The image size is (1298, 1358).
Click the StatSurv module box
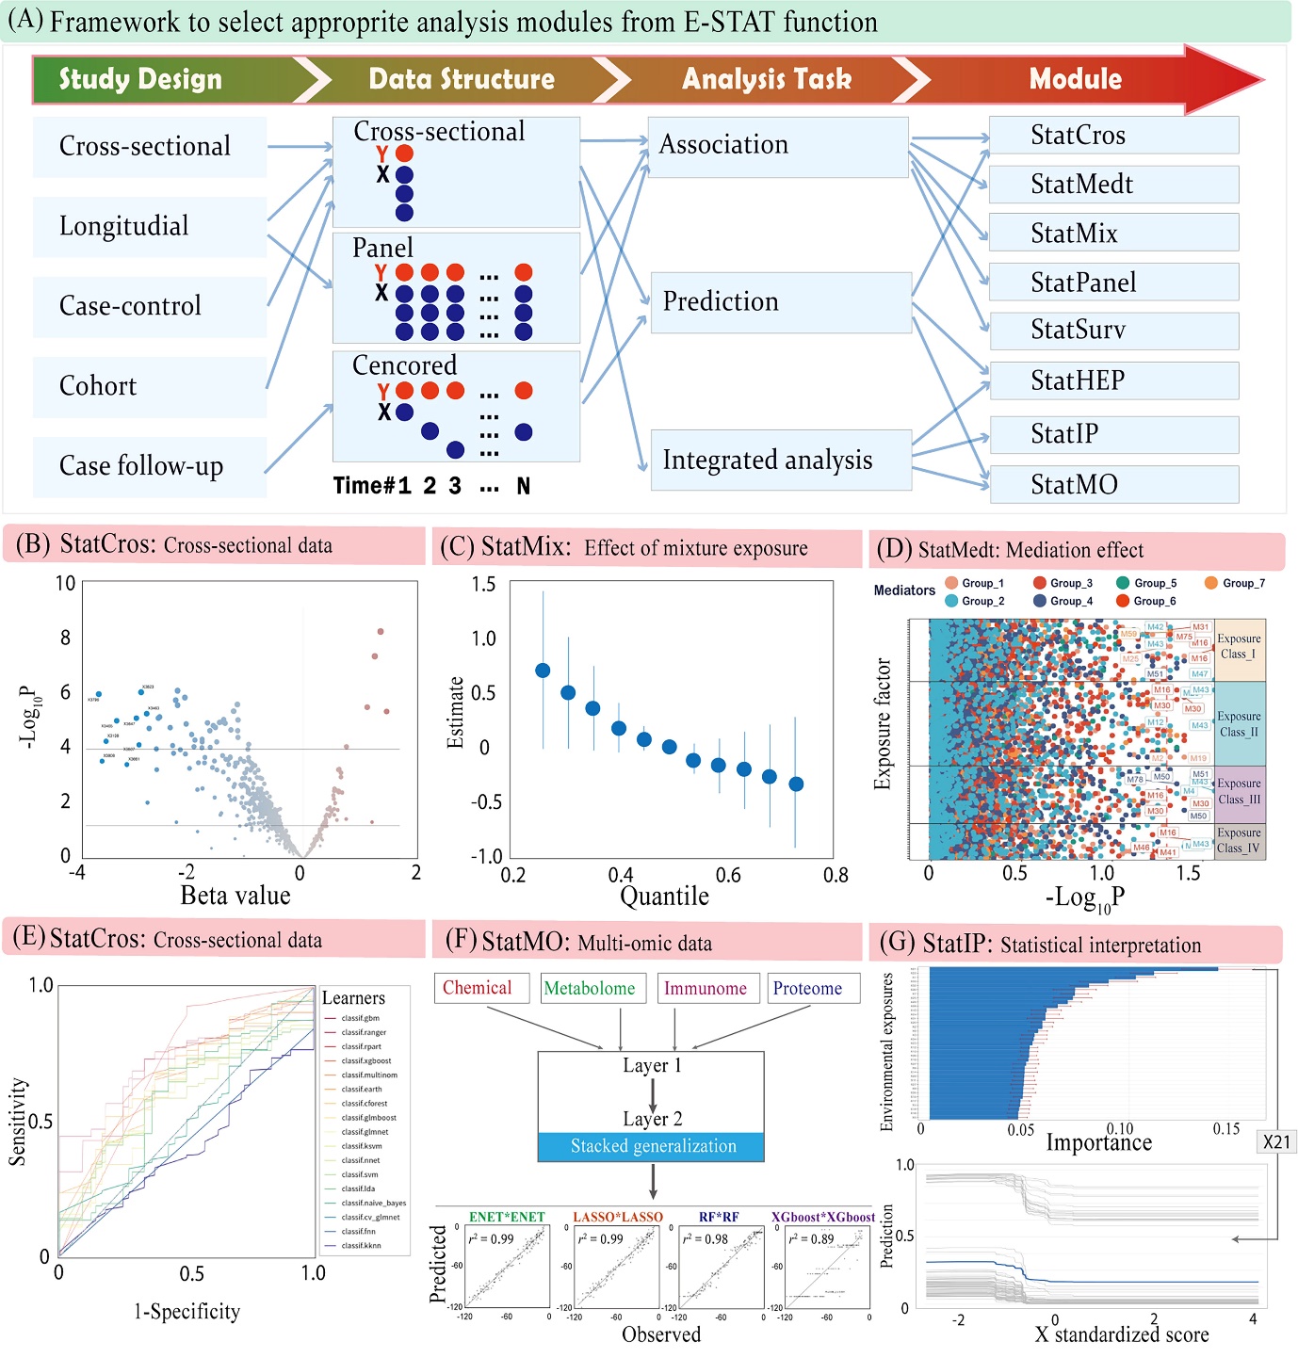[x=1113, y=331]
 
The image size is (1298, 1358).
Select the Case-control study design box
[x=149, y=306]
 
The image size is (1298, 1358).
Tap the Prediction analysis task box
[x=780, y=302]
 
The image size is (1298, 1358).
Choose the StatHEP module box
[x=1113, y=380]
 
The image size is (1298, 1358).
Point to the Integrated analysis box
[x=780, y=460]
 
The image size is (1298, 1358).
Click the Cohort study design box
[x=149, y=386]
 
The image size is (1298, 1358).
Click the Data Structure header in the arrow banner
[x=462, y=79]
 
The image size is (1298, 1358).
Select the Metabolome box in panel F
[x=590, y=988]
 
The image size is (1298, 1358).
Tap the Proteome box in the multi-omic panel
[x=807, y=988]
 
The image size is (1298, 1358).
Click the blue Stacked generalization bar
[x=652, y=1146]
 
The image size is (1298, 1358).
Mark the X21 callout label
[x=1276, y=1141]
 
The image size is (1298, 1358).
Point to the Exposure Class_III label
[x=1239, y=791]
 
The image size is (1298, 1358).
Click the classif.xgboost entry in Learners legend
[x=365, y=1060]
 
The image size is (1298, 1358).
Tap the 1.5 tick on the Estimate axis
[x=483, y=585]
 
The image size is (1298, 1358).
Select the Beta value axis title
[x=235, y=895]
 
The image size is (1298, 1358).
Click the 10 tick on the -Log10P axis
[x=65, y=584]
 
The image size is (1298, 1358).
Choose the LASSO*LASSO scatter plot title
[x=618, y=1217]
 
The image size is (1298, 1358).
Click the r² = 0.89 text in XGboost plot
[x=812, y=1238]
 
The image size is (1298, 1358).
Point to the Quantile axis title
[x=664, y=896]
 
